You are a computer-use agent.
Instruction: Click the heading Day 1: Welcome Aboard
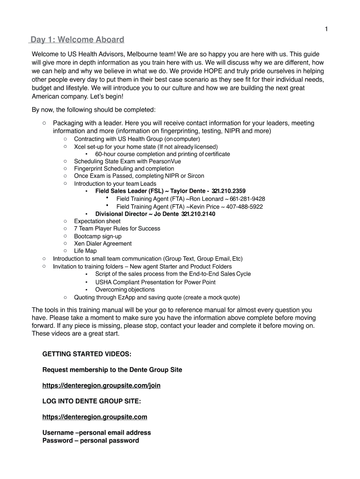tap(77, 40)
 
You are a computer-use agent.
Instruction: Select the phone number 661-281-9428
tap(247, 199)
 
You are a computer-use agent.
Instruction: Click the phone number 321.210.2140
tap(198, 214)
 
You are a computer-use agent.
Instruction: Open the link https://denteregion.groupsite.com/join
tap(101, 385)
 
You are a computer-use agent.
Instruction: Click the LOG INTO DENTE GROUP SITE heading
tap(92, 401)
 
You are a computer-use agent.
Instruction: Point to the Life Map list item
tap(85, 251)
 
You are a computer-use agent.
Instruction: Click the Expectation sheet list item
tap(97, 221)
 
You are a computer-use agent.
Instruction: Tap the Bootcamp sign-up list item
tap(98, 236)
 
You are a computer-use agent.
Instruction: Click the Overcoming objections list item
tap(125, 290)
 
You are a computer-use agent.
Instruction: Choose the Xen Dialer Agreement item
tap(103, 244)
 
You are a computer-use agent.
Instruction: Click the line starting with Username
tap(97, 433)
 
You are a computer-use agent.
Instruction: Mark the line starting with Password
tap(91, 441)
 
